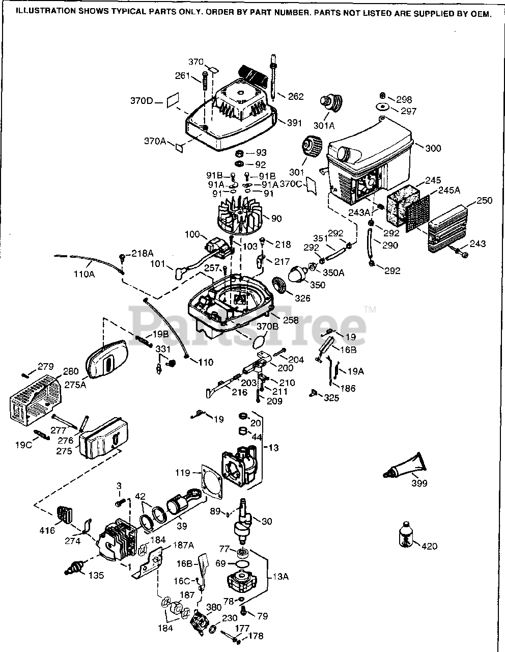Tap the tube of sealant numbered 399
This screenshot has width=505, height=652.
405,466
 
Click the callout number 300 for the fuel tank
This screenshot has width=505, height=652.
433,148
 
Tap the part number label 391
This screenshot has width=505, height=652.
294,123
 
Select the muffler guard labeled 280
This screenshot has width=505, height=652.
36,400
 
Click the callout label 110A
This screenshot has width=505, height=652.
85,274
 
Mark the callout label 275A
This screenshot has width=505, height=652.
75,385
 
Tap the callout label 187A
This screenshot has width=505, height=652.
183,545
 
